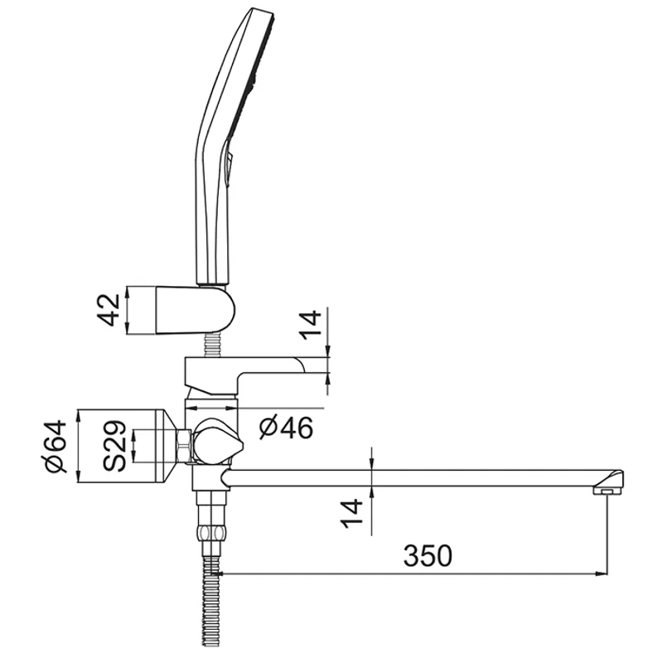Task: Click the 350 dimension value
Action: point(428,555)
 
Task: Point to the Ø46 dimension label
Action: point(285,428)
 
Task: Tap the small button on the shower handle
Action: point(230,162)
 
